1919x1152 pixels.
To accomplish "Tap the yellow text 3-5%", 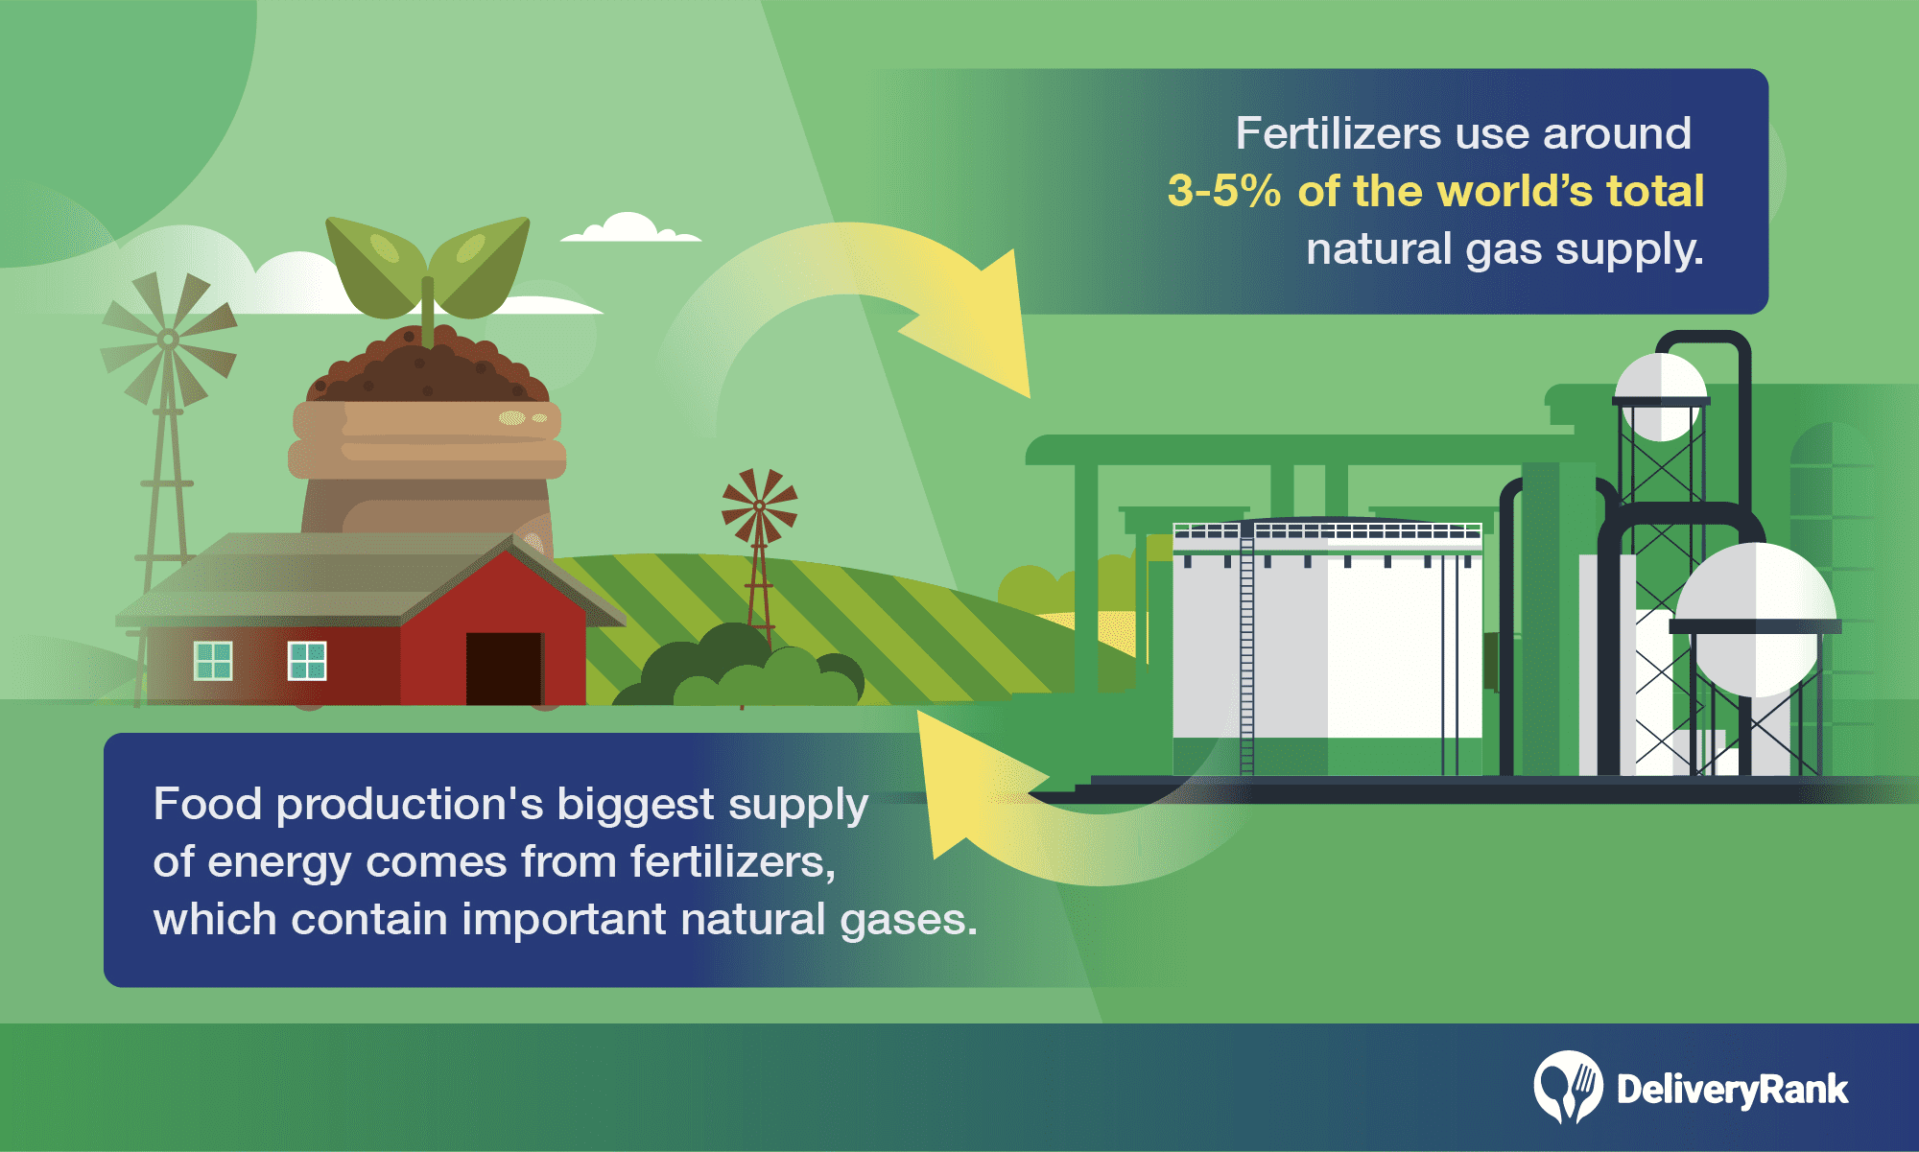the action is coord(1224,191).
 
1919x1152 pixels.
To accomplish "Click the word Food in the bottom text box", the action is coord(207,804).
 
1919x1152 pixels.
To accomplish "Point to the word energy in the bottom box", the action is coord(278,863).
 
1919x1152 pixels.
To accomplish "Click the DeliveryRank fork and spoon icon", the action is coord(1568,1087).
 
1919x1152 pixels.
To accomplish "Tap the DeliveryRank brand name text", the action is coord(1732,1090).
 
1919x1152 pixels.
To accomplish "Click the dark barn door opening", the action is coord(504,669).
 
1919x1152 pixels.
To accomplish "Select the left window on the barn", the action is coord(213,661).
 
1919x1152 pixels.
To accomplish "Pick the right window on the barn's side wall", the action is coord(307,661).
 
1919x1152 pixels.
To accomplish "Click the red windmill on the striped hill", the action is coord(760,547).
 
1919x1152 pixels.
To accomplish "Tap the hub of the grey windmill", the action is coord(168,339).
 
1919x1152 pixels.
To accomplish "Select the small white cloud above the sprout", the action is coord(629,228).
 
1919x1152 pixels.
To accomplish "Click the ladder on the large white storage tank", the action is coord(1246,652).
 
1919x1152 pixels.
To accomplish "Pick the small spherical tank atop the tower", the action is coord(1661,396).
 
